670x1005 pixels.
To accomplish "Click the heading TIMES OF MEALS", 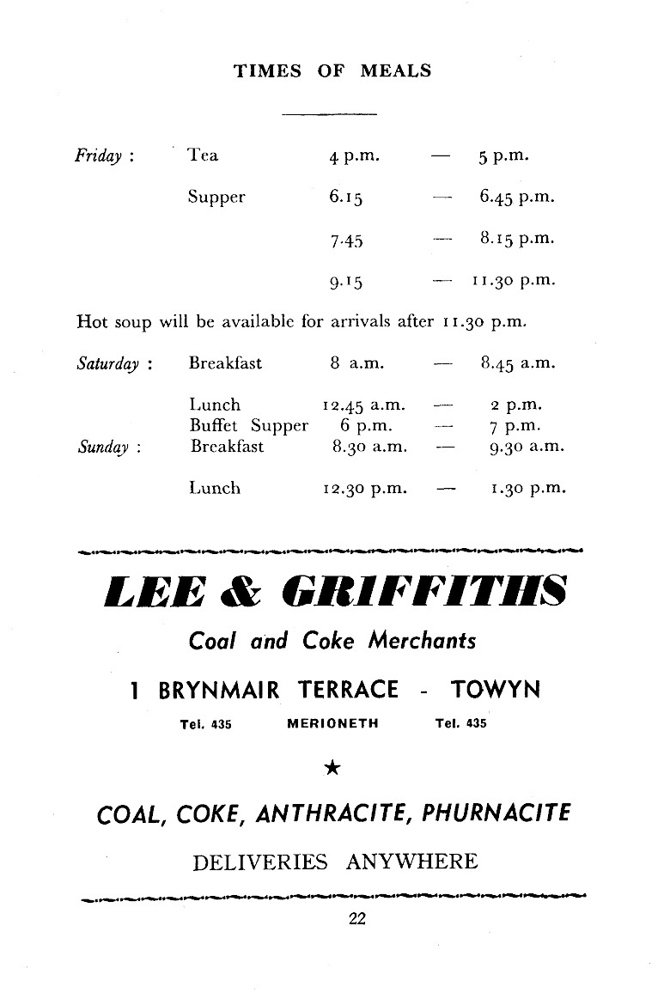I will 333,71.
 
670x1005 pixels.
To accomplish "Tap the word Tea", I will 203,155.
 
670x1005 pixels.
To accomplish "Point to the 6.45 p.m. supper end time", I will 517,198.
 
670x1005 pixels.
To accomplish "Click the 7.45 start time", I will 346,241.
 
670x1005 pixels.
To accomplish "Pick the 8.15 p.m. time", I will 517,239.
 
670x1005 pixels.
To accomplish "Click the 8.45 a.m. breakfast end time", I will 518,363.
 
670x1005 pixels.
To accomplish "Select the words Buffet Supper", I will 248,425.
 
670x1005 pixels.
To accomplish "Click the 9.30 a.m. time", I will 521,447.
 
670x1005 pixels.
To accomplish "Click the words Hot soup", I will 113,322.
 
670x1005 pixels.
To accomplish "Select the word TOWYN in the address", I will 496,690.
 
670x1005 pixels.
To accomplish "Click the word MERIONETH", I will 332,723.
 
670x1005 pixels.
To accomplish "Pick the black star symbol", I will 333,769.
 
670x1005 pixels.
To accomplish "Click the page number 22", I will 357,919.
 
